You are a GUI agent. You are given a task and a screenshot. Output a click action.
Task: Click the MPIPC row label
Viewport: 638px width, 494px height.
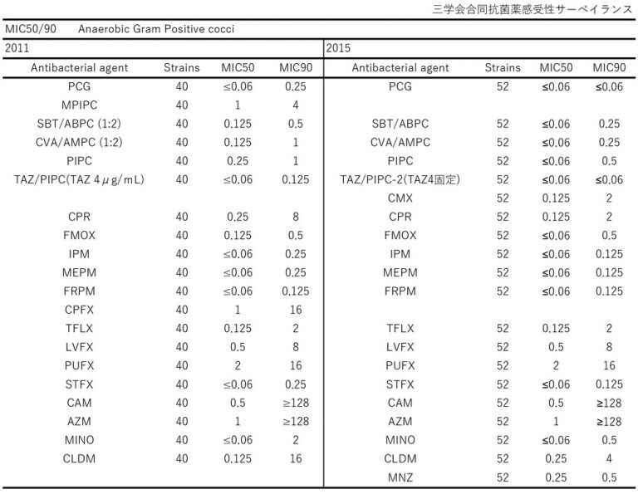(79, 105)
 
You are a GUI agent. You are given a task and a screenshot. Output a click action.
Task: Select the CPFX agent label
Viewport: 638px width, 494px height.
(79, 309)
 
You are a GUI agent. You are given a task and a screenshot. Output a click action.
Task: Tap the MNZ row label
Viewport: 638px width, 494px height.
(400, 477)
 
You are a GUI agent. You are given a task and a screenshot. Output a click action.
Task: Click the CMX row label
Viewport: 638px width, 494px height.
(400, 198)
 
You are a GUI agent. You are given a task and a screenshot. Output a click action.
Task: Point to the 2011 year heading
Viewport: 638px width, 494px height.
(17, 48)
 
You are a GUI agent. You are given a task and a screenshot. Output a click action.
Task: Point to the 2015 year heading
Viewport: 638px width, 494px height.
(338, 48)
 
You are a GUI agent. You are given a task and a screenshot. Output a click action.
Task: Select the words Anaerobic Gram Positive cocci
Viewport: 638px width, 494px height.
(156, 29)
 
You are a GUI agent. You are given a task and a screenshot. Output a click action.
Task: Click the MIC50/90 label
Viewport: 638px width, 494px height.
(31, 29)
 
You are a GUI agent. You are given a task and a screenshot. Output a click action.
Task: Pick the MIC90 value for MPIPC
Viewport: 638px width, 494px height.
(296, 105)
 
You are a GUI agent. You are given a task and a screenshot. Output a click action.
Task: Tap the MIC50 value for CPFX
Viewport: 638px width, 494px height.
(238, 309)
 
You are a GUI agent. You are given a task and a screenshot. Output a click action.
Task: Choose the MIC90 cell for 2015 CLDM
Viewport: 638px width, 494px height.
(610, 457)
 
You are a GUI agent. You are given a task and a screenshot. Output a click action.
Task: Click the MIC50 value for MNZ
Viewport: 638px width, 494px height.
(556, 477)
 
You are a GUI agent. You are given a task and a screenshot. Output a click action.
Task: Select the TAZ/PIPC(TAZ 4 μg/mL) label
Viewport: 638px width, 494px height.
(79, 179)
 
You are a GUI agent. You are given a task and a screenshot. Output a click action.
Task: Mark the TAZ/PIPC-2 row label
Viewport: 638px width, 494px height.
(400, 179)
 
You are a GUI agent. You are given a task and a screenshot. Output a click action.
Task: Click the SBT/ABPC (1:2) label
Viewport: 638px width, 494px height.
(79, 123)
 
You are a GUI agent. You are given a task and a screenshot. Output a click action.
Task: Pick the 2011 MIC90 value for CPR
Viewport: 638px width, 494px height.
(296, 216)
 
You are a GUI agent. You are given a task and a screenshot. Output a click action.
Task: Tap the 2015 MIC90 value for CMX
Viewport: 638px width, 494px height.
(610, 198)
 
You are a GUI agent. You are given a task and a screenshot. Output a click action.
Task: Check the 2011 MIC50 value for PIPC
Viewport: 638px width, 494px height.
(238, 160)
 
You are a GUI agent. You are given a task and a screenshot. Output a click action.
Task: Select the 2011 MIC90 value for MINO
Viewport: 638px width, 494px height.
(296, 439)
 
